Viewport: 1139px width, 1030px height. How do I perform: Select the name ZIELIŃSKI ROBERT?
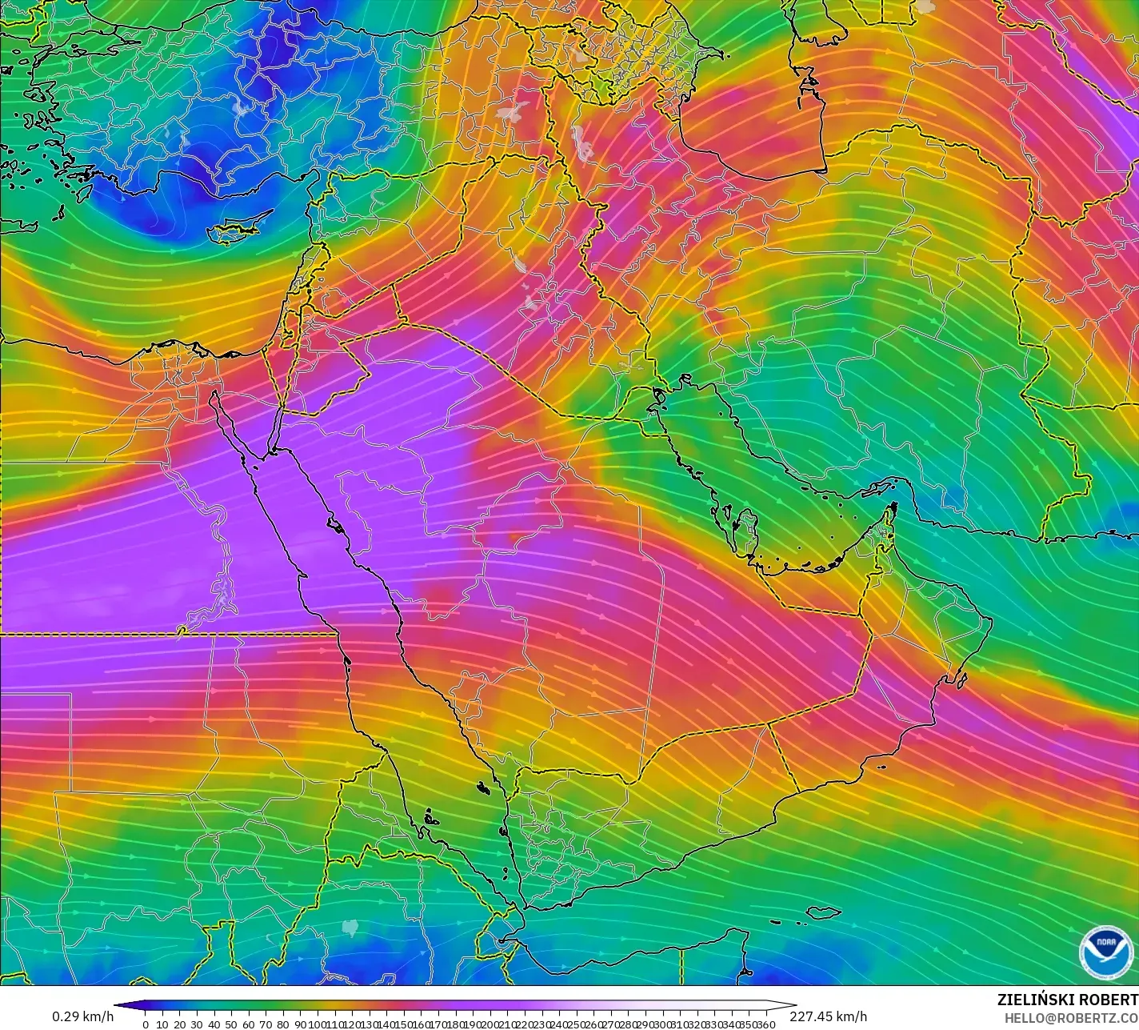(x=1067, y=1000)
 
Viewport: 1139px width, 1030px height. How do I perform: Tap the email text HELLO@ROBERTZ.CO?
(x=1071, y=1017)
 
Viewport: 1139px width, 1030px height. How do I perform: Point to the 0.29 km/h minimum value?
(x=82, y=1016)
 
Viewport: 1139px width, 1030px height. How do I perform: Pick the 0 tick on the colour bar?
(x=146, y=1024)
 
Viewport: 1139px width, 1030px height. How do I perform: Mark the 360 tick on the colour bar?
(x=766, y=1024)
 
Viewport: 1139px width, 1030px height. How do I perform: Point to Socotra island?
(x=823, y=912)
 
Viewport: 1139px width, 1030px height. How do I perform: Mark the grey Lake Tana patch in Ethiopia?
(x=350, y=927)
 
